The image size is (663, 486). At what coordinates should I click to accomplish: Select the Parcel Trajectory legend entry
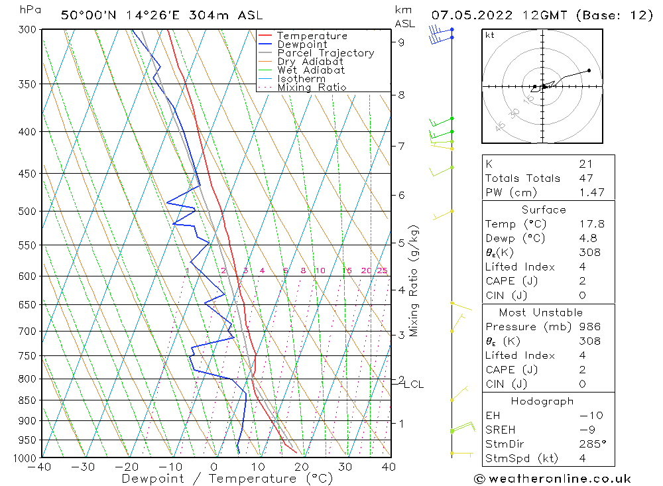[x=326, y=53]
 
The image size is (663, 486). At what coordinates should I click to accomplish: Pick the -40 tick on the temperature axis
[x=41, y=467]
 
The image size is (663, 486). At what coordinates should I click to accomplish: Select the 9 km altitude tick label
[x=402, y=42]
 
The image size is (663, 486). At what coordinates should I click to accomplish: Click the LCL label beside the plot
[x=414, y=385]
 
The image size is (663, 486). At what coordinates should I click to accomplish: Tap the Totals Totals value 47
[x=585, y=178]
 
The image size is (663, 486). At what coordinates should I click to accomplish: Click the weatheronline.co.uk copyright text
[x=552, y=479]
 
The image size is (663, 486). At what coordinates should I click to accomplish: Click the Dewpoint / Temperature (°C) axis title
[x=227, y=478]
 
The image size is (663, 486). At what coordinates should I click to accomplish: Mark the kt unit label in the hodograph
[x=490, y=35]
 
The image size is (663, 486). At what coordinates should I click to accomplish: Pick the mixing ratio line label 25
[x=382, y=271]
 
